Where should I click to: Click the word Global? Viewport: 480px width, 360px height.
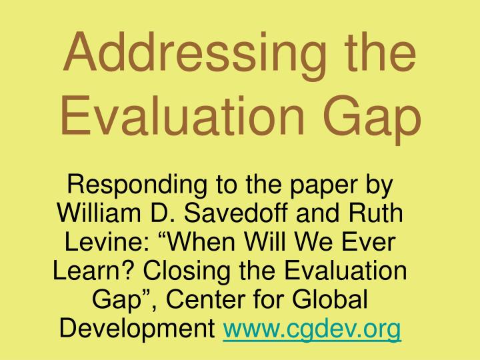(333, 301)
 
